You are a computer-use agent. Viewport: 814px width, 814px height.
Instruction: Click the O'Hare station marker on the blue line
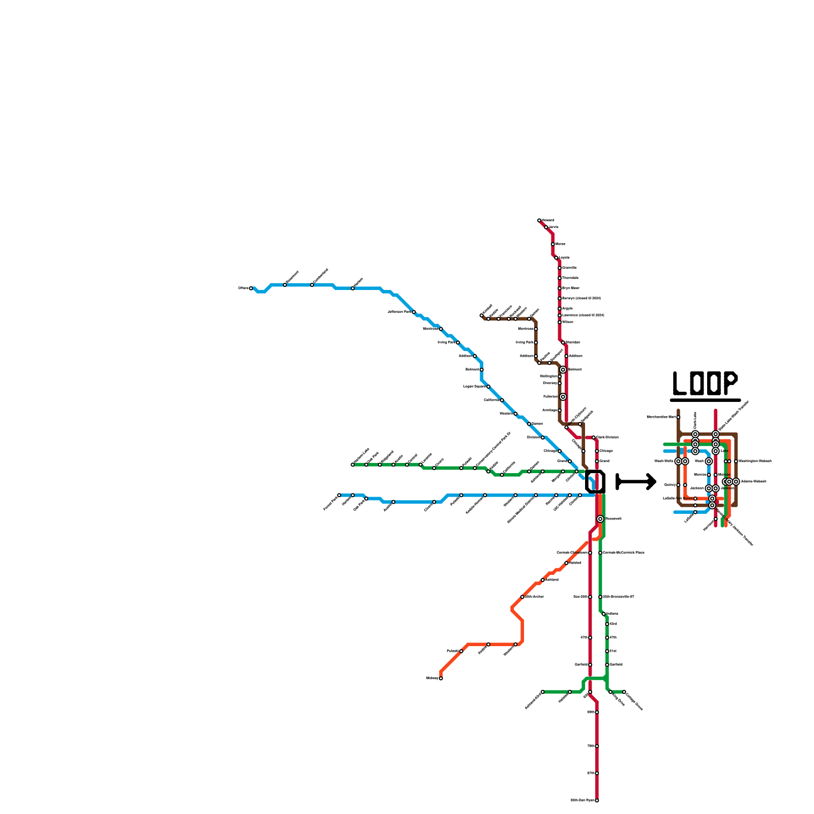coord(251,288)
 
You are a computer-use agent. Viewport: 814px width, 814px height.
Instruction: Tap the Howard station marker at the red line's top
coord(539,220)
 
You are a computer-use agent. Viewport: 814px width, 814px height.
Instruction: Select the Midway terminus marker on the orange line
coord(441,678)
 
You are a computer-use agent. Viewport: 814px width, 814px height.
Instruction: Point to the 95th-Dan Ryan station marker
coord(597,800)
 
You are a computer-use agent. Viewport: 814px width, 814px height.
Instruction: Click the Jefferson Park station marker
coord(414,312)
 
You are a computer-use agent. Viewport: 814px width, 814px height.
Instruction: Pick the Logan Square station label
coord(474,387)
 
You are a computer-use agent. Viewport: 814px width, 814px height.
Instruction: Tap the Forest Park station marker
coord(339,495)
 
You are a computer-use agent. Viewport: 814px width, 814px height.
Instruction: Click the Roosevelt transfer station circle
coord(600,519)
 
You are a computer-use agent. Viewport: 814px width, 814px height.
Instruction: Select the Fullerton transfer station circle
coord(563,397)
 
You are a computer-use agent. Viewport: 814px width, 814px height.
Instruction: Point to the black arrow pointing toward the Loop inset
coord(636,481)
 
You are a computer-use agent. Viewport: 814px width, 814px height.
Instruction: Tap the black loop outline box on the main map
coord(595,481)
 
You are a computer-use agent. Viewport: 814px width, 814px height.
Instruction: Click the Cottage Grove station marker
coord(624,692)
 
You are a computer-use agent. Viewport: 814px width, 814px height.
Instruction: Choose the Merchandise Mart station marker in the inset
coord(678,417)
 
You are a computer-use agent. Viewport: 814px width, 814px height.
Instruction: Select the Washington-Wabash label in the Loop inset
coord(755,461)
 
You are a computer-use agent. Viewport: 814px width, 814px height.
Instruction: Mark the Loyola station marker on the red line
coord(556,258)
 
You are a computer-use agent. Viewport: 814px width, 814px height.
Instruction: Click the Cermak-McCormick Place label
coord(624,553)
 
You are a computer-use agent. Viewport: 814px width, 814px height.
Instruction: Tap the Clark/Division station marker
coord(593,438)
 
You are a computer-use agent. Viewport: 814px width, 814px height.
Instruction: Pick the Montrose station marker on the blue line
coord(441,329)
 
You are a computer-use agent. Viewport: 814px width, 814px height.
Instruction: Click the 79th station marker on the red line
coord(597,746)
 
